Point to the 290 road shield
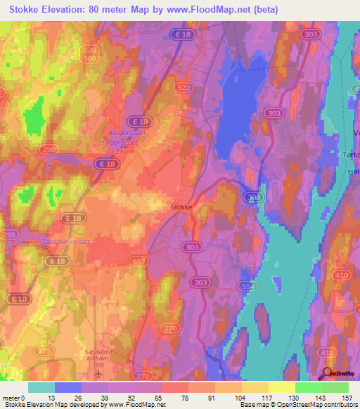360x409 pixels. pos(50,150)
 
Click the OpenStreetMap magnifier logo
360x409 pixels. pos(328,374)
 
